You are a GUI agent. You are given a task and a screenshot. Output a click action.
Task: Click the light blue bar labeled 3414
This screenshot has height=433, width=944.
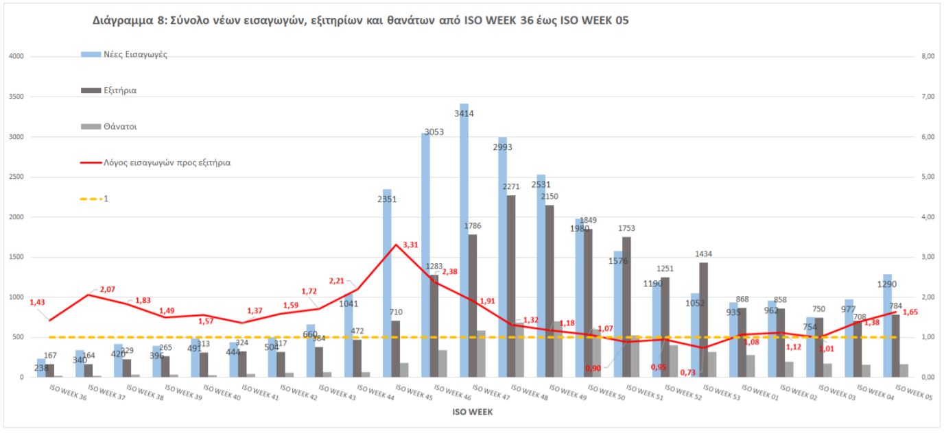[x=464, y=240]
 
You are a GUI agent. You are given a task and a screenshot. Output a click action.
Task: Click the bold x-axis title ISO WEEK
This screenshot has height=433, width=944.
[x=471, y=412]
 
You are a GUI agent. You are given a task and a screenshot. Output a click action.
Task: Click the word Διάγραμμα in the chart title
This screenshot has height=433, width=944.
[x=127, y=21]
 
